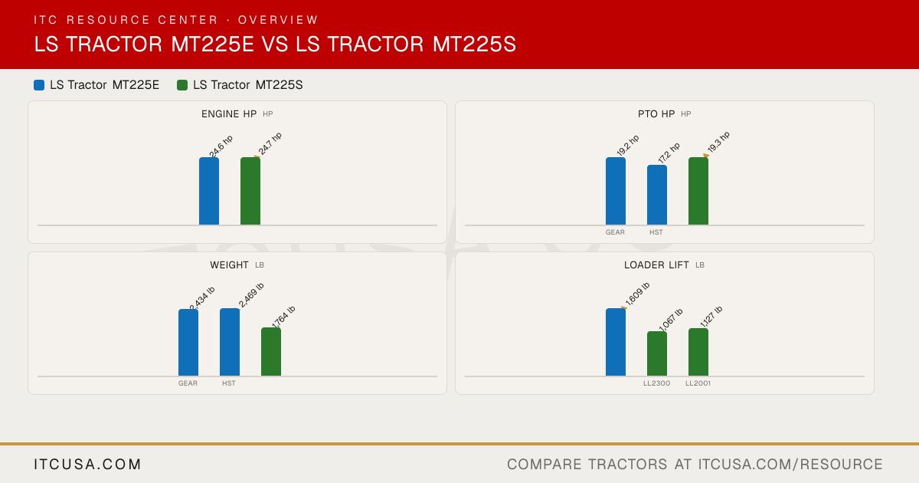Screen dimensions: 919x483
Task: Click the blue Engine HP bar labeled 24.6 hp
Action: click(x=209, y=191)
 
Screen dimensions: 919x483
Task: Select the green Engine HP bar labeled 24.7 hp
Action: click(x=250, y=191)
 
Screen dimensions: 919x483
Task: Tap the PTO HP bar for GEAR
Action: click(x=616, y=191)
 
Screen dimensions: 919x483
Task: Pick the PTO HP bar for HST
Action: click(x=657, y=195)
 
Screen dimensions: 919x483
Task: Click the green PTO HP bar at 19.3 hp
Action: click(x=698, y=191)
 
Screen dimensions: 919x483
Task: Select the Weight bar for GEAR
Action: click(x=188, y=343)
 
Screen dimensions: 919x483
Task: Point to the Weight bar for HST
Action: click(x=230, y=342)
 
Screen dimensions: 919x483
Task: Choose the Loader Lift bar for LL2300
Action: click(x=657, y=353)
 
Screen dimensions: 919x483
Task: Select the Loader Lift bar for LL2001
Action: click(x=698, y=352)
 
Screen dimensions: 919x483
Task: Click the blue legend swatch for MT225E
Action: click(x=39, y=85)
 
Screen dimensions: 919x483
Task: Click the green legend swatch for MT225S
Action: click(x=182, y=85)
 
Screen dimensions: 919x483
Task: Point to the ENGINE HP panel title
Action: click(x=229, y=113)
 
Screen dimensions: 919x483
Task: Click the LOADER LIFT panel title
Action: click(x=656, y=265)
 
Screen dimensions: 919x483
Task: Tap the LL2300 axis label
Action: click(x=657, y=383)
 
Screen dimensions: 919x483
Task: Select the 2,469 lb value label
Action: click(x=251, y=295)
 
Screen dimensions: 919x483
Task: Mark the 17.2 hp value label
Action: click(x=669, y=153)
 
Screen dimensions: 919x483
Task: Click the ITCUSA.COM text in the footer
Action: click(x=87, y=464)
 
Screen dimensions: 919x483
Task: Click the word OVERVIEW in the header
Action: click(x=278, y=20)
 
